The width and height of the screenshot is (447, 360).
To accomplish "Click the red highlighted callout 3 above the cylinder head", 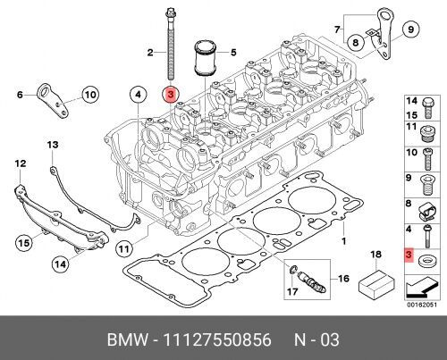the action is click(171, 95).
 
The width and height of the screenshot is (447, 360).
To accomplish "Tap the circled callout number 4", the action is click(138, 95).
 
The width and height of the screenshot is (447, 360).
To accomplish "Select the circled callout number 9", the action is click(411, 29).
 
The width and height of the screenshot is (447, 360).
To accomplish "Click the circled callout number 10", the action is click(90, 95).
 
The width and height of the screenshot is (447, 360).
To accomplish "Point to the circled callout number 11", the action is click(123, 248).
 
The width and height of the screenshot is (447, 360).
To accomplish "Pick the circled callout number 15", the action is click(24, 243).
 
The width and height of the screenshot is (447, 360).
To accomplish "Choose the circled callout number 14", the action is click(60, 264).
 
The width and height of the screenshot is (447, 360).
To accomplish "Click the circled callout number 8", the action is click(356, 42).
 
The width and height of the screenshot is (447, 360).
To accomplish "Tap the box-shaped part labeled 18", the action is click(376, 282).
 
